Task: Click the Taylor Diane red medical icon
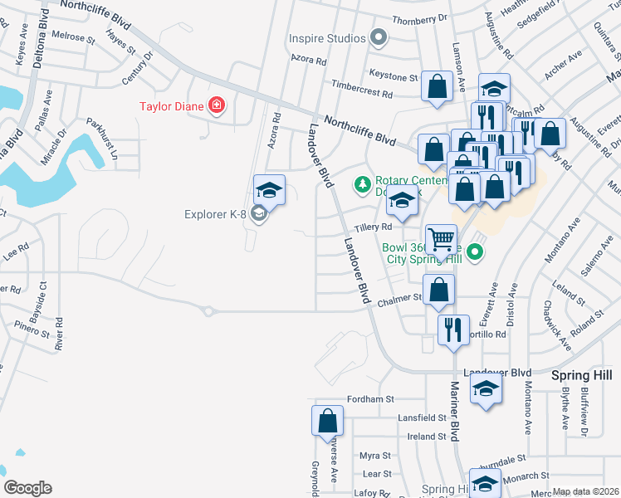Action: (x=217, y=105)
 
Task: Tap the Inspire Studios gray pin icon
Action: (x=379, y=38)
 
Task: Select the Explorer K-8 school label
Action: (x=215, y=214)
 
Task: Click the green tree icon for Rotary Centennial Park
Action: (x=362, y=183)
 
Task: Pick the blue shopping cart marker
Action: (x=441, y=239)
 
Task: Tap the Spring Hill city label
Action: (x=581, y=375)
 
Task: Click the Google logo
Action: (x=27, y=488)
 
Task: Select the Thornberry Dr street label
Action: (x=419, y=17)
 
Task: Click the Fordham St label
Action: (x=370, y=399)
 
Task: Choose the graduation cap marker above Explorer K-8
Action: (x=269, y=188)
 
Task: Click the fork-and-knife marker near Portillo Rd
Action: (x=453, y=329)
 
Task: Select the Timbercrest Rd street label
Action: (x=361, y=85)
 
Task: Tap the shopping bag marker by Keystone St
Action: (x=437, y=86)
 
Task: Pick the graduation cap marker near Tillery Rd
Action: (x=403, y=201)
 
